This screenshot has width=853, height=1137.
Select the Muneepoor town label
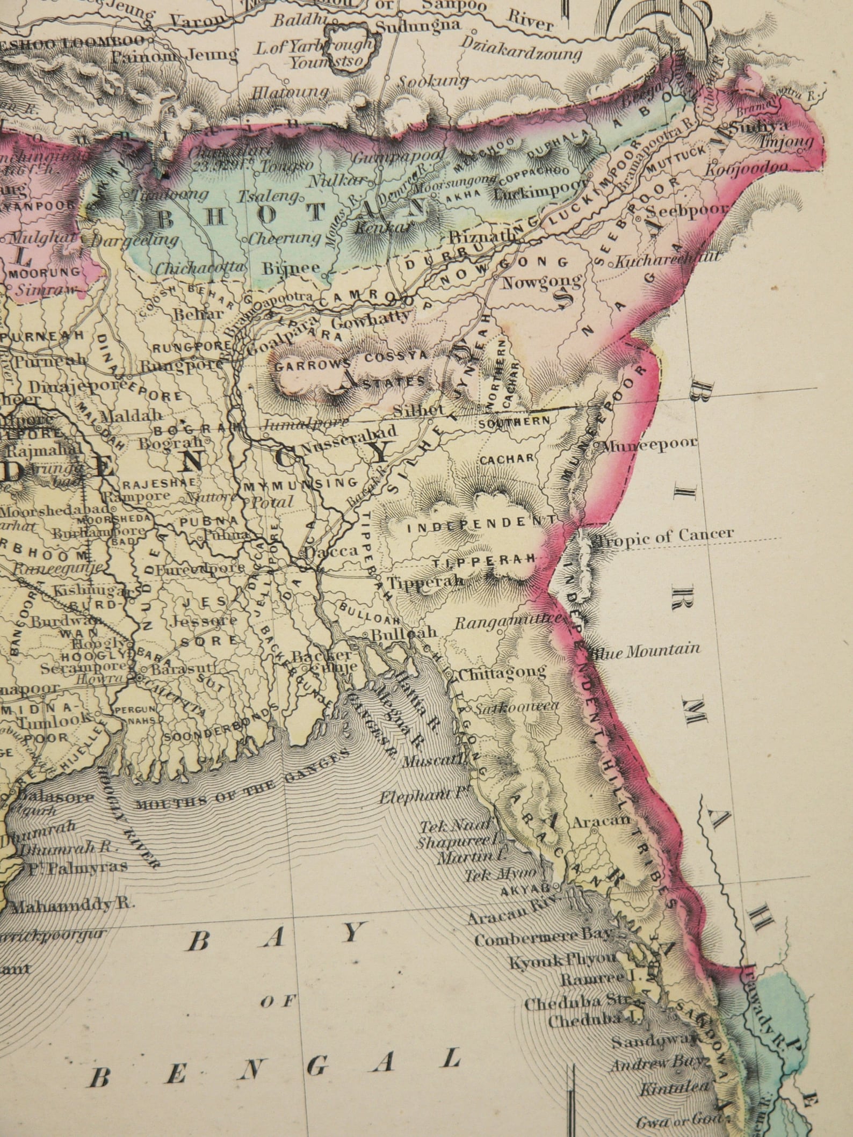650,444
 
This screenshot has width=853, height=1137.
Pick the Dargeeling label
135,240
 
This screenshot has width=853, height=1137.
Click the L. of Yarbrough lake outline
348,53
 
